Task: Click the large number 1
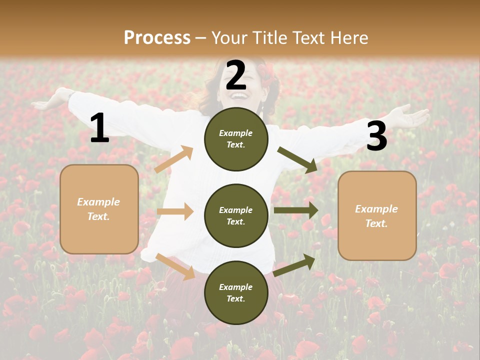[99, 128]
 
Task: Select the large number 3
[376, 136]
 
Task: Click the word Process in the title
[157, 37]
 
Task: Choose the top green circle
[236, 139]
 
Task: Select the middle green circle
[236, 215]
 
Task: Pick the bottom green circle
[236, 292]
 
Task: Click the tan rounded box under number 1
[99, 209]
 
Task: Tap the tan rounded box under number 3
[377, 215]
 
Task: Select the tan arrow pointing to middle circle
[175, 211]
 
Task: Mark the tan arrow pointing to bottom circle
[175, 266]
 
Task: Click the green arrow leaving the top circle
[297, 159]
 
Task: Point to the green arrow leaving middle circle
[296, 210]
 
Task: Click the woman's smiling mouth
[238, 95]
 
